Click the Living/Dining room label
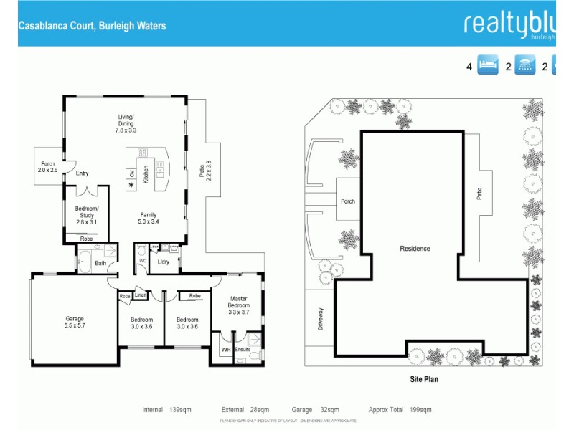point(126,123)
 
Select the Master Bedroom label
point(239,305)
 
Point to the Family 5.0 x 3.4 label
point(148,219)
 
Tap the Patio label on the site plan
point(479,193)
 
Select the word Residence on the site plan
point(415,249)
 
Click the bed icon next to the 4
point(488,67)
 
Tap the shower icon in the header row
point(527,67)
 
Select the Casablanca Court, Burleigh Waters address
point(92,26)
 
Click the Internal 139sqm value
point(166,410)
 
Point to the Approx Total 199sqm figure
point(400,410)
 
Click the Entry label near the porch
point(82,173)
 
